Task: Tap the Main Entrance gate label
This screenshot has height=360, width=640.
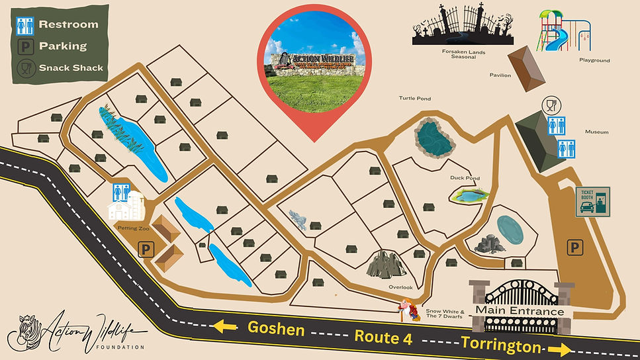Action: tap(520, 312)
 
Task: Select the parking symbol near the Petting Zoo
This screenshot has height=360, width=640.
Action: tap(144, 249)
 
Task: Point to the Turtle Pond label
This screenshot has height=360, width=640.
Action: tap(414, 99)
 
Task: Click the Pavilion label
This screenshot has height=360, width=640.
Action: tap(500, 75)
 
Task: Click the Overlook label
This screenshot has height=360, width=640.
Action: tap(400, 287)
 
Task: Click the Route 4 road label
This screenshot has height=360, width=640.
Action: tap(383, 337)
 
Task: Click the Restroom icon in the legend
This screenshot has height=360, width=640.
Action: tap(25, 25)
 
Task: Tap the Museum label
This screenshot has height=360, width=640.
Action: tap(596, 132)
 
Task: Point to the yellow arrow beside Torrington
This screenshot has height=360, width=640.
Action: tap(561, 349)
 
